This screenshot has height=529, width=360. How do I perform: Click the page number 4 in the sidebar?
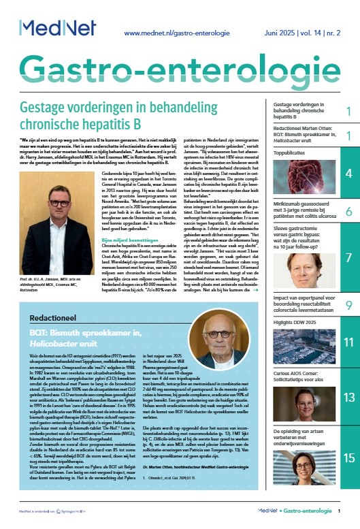[348, 174]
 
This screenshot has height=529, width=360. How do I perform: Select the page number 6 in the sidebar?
[348, 211]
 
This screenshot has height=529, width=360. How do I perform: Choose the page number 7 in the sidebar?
[348, 258]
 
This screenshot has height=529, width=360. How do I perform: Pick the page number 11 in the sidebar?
[348, 342]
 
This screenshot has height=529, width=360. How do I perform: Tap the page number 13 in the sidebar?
[348, 397]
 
